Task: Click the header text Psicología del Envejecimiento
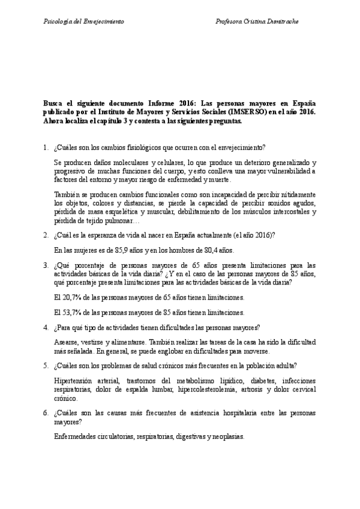coord(84,21)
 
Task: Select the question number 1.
coord(46,147)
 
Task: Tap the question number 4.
coord(46,327)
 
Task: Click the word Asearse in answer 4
coord(66,342)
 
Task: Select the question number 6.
coord(46,414)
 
